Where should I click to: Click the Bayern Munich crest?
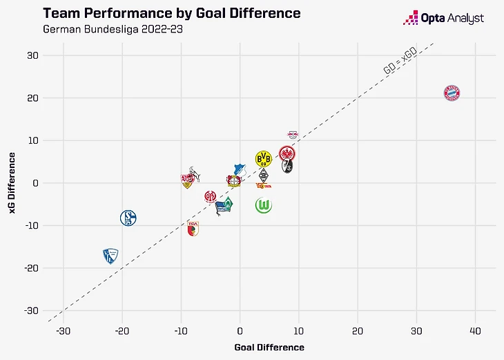point(452,93)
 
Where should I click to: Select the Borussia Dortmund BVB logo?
point(263,158)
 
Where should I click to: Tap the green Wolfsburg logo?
point(264,205)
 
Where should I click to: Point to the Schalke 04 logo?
point(128,218)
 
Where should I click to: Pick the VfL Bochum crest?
point(110,256)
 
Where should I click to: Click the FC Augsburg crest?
point(193,229)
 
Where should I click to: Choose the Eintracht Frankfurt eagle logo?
point(287,153)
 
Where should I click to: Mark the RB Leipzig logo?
point(293,134)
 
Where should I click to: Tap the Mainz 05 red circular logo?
point(211,197)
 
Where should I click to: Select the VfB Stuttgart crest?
point(186,181)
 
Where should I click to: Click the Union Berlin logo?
point(264,185)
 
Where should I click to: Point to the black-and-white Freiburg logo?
point(287,167)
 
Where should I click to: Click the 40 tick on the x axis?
point(475,332)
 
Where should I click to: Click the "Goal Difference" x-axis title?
point(269,347)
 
